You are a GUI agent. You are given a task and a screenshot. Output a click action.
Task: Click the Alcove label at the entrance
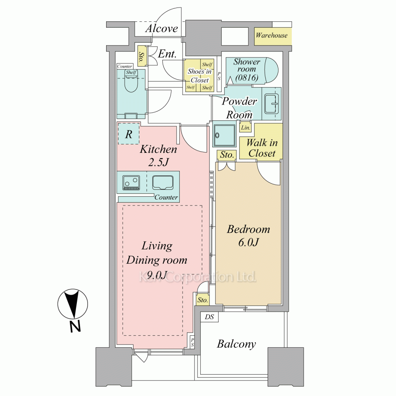(x=162, y=29)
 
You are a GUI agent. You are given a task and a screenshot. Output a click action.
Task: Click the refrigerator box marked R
(x=129, y=133)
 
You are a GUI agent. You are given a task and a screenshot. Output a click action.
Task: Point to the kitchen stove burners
(x=131, y=183)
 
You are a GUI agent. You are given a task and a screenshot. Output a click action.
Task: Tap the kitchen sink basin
(x=163, y=183)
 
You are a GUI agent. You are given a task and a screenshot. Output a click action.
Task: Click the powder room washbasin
(x=272, y=103)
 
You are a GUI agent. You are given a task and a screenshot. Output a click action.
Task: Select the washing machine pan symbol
(x=224, y=135)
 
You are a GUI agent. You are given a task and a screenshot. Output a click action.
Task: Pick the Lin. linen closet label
(x=246, y=128)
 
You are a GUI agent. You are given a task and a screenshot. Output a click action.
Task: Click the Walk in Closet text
(x=262, y=148)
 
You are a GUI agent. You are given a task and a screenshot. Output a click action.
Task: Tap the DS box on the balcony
(x=209, y=317)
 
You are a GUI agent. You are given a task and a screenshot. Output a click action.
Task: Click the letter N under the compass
(x=75, y=326)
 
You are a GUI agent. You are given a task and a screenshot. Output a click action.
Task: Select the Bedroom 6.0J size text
(x=249, y=242)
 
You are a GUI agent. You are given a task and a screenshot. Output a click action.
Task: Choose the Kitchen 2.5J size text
(x=158, y=162)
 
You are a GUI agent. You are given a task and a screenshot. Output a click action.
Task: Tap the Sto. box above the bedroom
(x=227, y=155)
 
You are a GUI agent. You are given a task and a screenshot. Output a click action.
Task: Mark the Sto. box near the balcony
(x=202, y=300)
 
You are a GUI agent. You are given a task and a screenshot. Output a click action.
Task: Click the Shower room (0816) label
(x=246, y=69)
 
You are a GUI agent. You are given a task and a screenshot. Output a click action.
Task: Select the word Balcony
(x=236, y=344)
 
